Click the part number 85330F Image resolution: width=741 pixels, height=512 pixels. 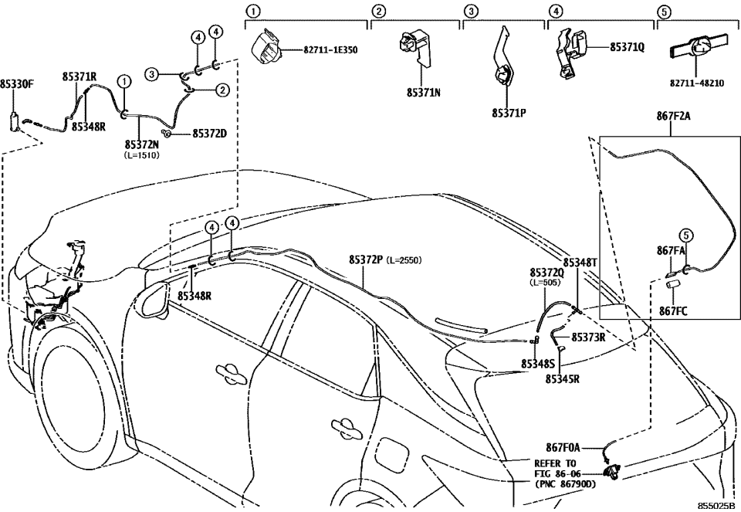pyautogui.click(x=17, y=84)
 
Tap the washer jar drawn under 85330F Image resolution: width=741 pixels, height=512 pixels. pyautogui.click(x=15, y=121)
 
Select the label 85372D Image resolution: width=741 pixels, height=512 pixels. pyautogui.click(x=209, y=134)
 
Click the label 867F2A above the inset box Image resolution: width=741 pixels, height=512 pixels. pyautogui.click(x=675, y=116)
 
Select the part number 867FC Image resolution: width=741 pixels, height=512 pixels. pyautogui.click(x=674, y=310)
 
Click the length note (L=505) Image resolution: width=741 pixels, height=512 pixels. pyautogui.click(x=546, y=283)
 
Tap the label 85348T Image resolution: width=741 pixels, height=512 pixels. pyautogui.click(x=580, y=263)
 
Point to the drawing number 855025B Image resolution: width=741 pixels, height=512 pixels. pyautogui.click(x=716, y=504)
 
